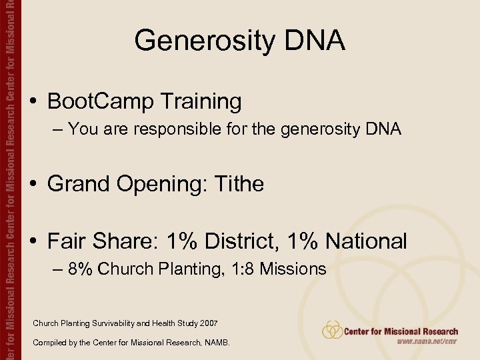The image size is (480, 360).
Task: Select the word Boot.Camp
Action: (x=93, y=102)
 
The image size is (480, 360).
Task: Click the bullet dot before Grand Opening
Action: (x=33, y=184)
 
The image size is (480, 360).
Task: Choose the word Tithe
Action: (x=239, y=184)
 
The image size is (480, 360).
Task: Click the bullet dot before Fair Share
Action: (x=33, y=241)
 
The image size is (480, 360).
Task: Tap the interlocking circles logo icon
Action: (x=332, y=330)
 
